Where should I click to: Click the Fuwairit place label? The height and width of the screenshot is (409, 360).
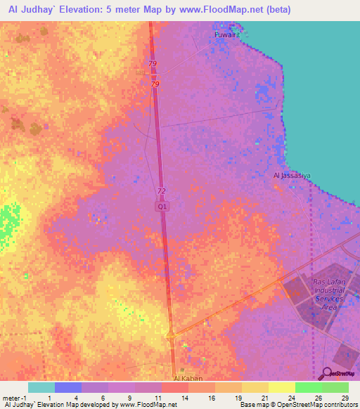tap(226, 34)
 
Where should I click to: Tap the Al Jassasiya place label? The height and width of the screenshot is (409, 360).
tap(292, 175)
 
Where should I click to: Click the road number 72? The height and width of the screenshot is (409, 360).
tap(161, 191)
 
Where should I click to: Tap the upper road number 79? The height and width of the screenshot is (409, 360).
tap(153, 65)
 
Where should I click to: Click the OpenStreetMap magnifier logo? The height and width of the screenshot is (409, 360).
tap(327, 374)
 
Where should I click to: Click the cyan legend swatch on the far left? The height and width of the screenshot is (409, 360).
tap(41, 387)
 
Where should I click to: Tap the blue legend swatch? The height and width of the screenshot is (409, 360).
tap(67, 387)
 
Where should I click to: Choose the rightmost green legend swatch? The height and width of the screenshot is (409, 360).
tap(335, 387)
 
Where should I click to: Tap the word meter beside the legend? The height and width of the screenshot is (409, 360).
tap(11, 397)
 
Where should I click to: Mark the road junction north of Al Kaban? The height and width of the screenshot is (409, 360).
tap(171, 336)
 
